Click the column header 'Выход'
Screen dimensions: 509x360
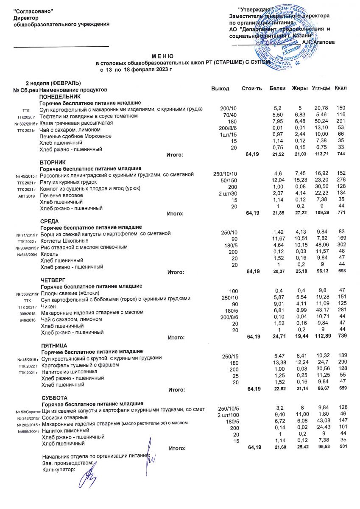click(x=220, y=89)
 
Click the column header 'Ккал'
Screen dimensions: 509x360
click(x=340, y=88)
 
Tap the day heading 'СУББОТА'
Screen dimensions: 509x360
click(x=54, y=397)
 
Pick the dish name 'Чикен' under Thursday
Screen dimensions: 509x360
click(x=49, y=306)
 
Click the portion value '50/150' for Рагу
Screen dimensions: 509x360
click(x=223, y=181)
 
